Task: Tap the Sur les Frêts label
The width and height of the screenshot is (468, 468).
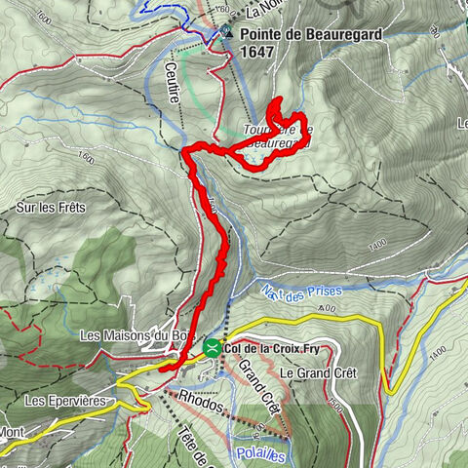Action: (x=52, y=207)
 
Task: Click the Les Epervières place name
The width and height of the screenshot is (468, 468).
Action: (x=64, y=401)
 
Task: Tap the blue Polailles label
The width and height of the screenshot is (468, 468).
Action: (x=262, y=454)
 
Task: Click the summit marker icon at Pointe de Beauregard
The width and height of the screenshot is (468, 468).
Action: (x=227, y=31)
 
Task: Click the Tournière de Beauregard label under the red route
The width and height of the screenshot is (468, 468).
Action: (x=278, y=136)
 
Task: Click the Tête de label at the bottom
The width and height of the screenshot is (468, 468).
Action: (x=196, y=444)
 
